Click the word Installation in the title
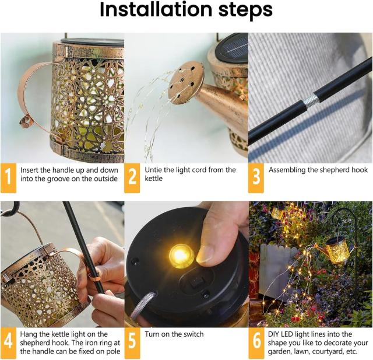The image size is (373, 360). (x=156, y=10)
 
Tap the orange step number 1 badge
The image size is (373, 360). (x=8, y=178)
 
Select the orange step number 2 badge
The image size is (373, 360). (x=132, y=178)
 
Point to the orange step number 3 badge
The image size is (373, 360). (x=256, y=178)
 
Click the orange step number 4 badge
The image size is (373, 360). (x=8, y=342)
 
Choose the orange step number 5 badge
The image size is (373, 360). (x=132, y=342)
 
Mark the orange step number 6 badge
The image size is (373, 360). (x=256, y=342)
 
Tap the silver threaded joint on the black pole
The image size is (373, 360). (x=311, y=99)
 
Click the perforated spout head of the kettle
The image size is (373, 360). (x=186, y=82)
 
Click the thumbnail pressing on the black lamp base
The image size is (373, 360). (x=206, y=254)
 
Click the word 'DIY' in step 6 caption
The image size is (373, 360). (x=274, y=334)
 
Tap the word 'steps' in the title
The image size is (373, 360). (x=245, y=11)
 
